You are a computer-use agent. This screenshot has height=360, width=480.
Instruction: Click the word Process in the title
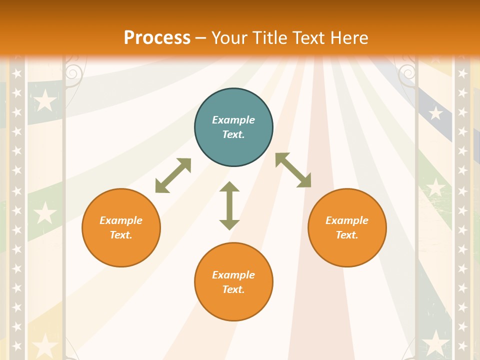point(157,38)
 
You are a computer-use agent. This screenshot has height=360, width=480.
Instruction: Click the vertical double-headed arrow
point(229,205)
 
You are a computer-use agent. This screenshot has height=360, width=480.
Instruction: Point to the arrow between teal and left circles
point(173,175)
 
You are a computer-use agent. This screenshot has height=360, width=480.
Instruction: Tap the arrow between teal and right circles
point(293,170)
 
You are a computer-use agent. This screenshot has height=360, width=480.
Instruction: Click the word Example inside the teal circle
point(233,120)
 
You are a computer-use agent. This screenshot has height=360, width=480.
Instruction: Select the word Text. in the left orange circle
point(121,235)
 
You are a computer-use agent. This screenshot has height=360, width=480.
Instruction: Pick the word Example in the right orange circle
point(347,220)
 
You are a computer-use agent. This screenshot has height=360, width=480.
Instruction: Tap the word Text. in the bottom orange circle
point(233,289)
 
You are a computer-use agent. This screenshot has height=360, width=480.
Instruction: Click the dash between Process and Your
point(200,38)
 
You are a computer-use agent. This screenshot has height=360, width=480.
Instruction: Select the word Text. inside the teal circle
point(233,134)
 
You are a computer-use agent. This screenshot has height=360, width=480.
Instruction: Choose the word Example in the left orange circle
point(121,220)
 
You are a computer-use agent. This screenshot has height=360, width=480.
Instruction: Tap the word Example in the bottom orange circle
point(233,275)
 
